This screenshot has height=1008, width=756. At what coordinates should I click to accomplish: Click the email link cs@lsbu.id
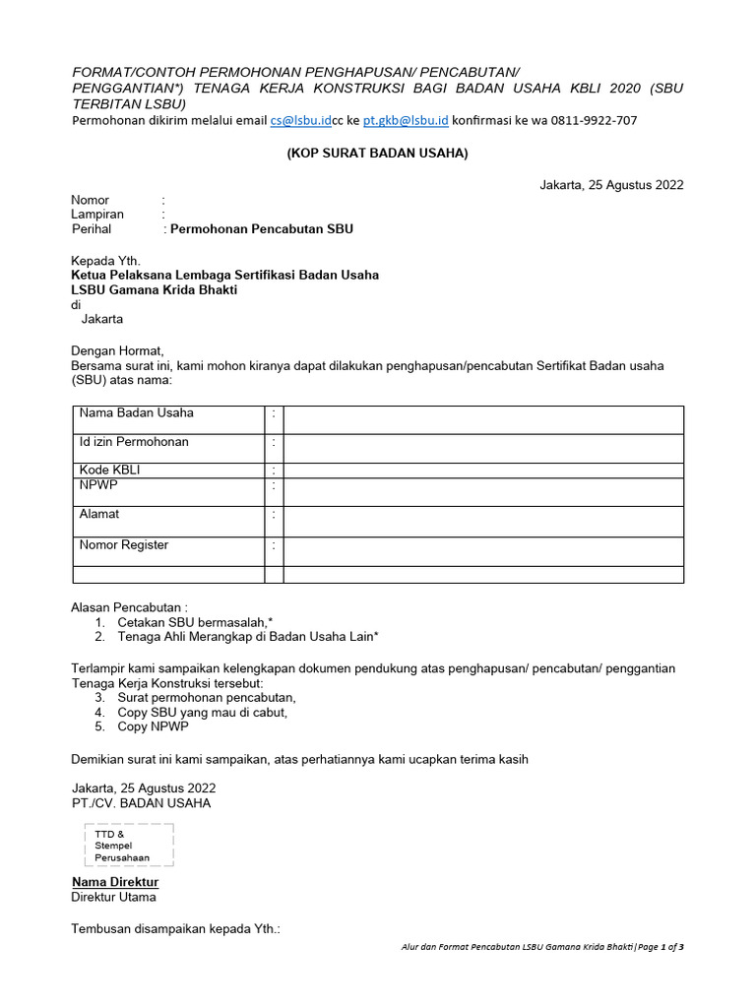300,120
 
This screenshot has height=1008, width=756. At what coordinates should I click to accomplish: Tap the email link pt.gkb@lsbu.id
405,120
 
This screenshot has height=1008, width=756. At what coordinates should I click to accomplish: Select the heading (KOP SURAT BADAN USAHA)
378,154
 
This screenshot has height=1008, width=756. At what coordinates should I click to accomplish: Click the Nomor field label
90,200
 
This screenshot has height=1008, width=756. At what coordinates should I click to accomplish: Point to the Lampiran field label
97,215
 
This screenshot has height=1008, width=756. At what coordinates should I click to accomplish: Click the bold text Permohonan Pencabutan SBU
262,229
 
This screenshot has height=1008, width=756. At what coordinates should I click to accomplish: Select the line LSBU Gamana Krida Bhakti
155,290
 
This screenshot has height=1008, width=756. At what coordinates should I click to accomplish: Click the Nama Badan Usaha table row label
136,413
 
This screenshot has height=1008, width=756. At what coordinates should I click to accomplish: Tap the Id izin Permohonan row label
134,442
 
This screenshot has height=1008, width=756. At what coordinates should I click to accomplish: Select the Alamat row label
99,514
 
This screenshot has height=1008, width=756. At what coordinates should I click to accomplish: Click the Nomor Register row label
124,544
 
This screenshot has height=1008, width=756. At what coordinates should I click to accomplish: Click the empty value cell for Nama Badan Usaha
482,418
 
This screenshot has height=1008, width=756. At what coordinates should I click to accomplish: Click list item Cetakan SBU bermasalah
195,623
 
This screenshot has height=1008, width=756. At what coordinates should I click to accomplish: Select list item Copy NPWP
153,726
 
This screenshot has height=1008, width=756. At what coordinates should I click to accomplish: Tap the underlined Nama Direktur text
115,882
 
